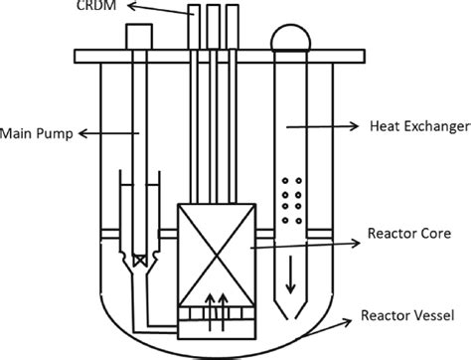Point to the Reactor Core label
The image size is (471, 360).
pos(409,234)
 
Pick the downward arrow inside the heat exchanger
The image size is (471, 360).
pos(291,273)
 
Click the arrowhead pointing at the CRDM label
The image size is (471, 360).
pos(150,8)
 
